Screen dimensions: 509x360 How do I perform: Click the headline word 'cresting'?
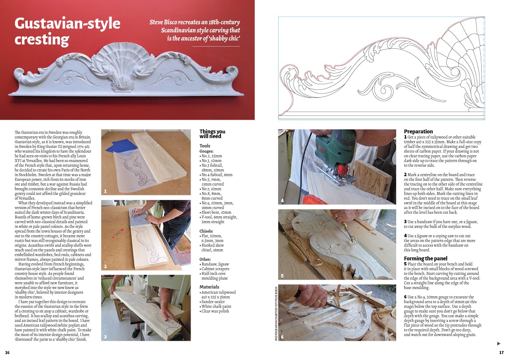pos(41,40)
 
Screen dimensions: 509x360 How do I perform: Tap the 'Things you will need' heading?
pos(212,134)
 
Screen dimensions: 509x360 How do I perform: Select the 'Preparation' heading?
pos(418,131)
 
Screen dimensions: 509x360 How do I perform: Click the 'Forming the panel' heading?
pos(426,258)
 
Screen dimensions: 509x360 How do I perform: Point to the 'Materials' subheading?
pos(209,287)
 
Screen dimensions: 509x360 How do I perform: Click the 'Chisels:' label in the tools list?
pos(206,231)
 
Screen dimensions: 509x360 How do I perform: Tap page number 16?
pos(7,353)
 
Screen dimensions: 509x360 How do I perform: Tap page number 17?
pos(501,353)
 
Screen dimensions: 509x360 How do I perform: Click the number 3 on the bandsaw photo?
pos(105,337)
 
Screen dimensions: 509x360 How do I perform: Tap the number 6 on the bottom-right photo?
pos(282,337)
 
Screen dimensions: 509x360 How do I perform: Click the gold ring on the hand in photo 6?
pos(318,301)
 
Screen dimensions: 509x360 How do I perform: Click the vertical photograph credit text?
pos(276,313)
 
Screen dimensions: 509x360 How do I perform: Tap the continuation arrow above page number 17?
pos(499,344)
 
